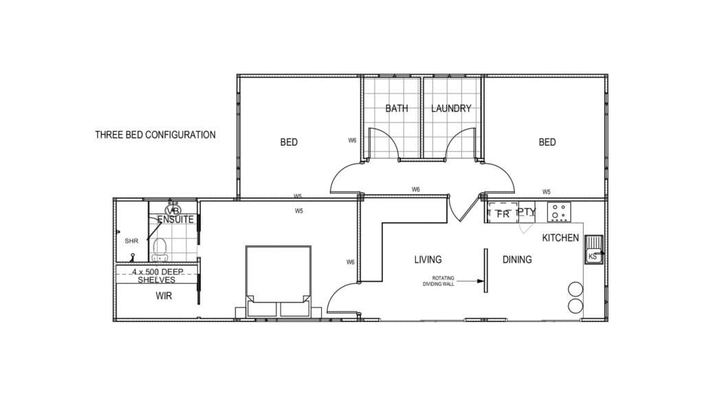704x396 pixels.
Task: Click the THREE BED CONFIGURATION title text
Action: pyautogui.click(x=155, y=135)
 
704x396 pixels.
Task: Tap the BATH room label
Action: pyautogui.click(x=397, y=109)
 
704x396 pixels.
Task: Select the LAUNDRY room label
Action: pyautogui.click(x=451, y=109)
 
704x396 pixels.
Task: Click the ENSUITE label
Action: pyautogui.click(x=175, y=220)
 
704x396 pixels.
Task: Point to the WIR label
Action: pyautogui.click(x=164, y=296)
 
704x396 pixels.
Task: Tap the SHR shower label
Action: pyautogui.click(x=131, y=241)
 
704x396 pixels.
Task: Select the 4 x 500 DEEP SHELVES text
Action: pyautogui.click(x=157, y=276)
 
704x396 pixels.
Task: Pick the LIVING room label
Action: pyautogui.click(x=428, y=260)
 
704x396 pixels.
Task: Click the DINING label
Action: pyautogui.click(x=517, y=260)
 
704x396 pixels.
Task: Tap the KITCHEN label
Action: pyautogui.click(x=560, y=238)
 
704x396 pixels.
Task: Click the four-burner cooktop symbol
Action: pyautogui.click(x=559, y=212)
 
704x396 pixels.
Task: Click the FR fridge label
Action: pyautogui.click(x=503, y=214)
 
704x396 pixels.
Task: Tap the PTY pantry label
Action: pyautogui.click(x=526, y=212)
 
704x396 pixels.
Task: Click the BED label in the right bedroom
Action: pyautogui.click(x=547, y=142)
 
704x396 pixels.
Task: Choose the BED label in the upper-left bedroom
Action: pyautogui.click(x=289, y=142)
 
